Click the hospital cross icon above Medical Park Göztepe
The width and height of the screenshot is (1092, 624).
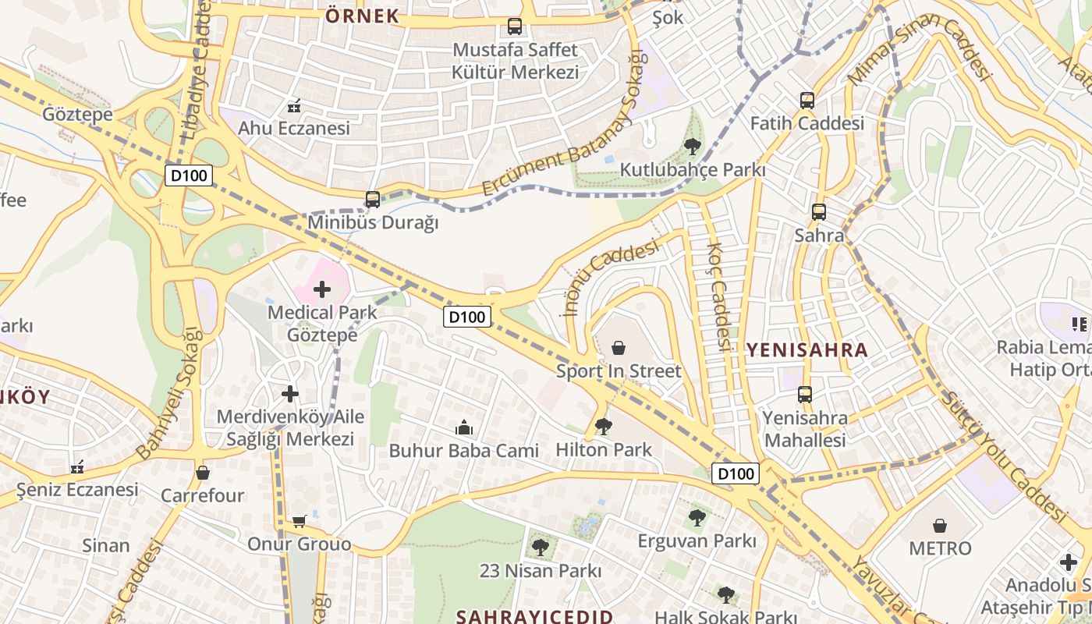321,290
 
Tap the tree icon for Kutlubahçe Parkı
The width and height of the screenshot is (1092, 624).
692,146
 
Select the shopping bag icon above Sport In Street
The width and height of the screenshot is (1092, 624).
619,347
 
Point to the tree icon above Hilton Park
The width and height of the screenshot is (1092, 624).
603,426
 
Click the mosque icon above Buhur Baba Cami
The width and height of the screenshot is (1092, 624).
464,427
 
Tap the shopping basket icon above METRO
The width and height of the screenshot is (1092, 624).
940,526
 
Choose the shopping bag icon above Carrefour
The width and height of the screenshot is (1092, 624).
203,472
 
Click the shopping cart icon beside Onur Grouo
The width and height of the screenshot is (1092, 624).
299,520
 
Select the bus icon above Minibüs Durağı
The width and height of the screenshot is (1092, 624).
373,200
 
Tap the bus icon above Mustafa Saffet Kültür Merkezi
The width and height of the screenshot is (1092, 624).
515,27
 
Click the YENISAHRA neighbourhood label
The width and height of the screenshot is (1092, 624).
807,349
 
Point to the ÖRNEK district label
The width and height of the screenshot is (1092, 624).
362,16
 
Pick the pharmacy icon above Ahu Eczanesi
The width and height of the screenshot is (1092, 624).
294,105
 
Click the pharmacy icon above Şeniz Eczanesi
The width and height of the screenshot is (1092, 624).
77,466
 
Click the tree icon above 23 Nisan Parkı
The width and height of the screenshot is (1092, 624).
540,547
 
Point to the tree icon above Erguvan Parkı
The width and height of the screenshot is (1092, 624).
697,517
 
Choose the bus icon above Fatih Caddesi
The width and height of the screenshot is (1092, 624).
807,101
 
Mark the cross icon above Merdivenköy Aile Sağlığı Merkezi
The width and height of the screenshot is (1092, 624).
290,394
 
